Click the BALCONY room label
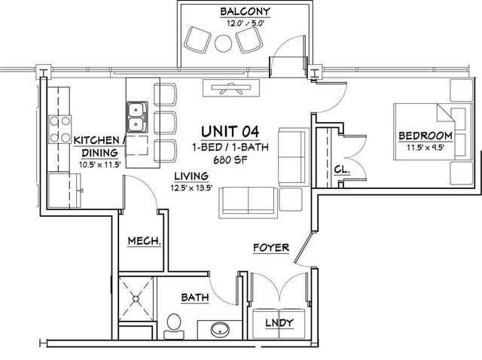pos(246,11)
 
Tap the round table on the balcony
pos(223,44)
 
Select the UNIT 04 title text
pos(230,132)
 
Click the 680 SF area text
pos(230,160)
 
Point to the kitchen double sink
pos(137,117)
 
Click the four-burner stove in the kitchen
pos(60,129)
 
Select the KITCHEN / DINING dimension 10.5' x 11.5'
pos(99,164)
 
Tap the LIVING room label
pos(191,176)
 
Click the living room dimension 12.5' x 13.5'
pos(191,188)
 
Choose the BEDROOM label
pos(426,136)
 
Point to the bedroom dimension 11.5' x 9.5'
pos(426,148)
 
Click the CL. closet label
pos(342,169)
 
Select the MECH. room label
pos(145,241)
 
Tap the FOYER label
pos(271,248)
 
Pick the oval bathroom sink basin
pos(220,329)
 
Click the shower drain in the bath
pos(136,298)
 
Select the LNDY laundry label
pos(279,323)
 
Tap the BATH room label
pos(195,297)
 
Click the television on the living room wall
pos(231,88)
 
